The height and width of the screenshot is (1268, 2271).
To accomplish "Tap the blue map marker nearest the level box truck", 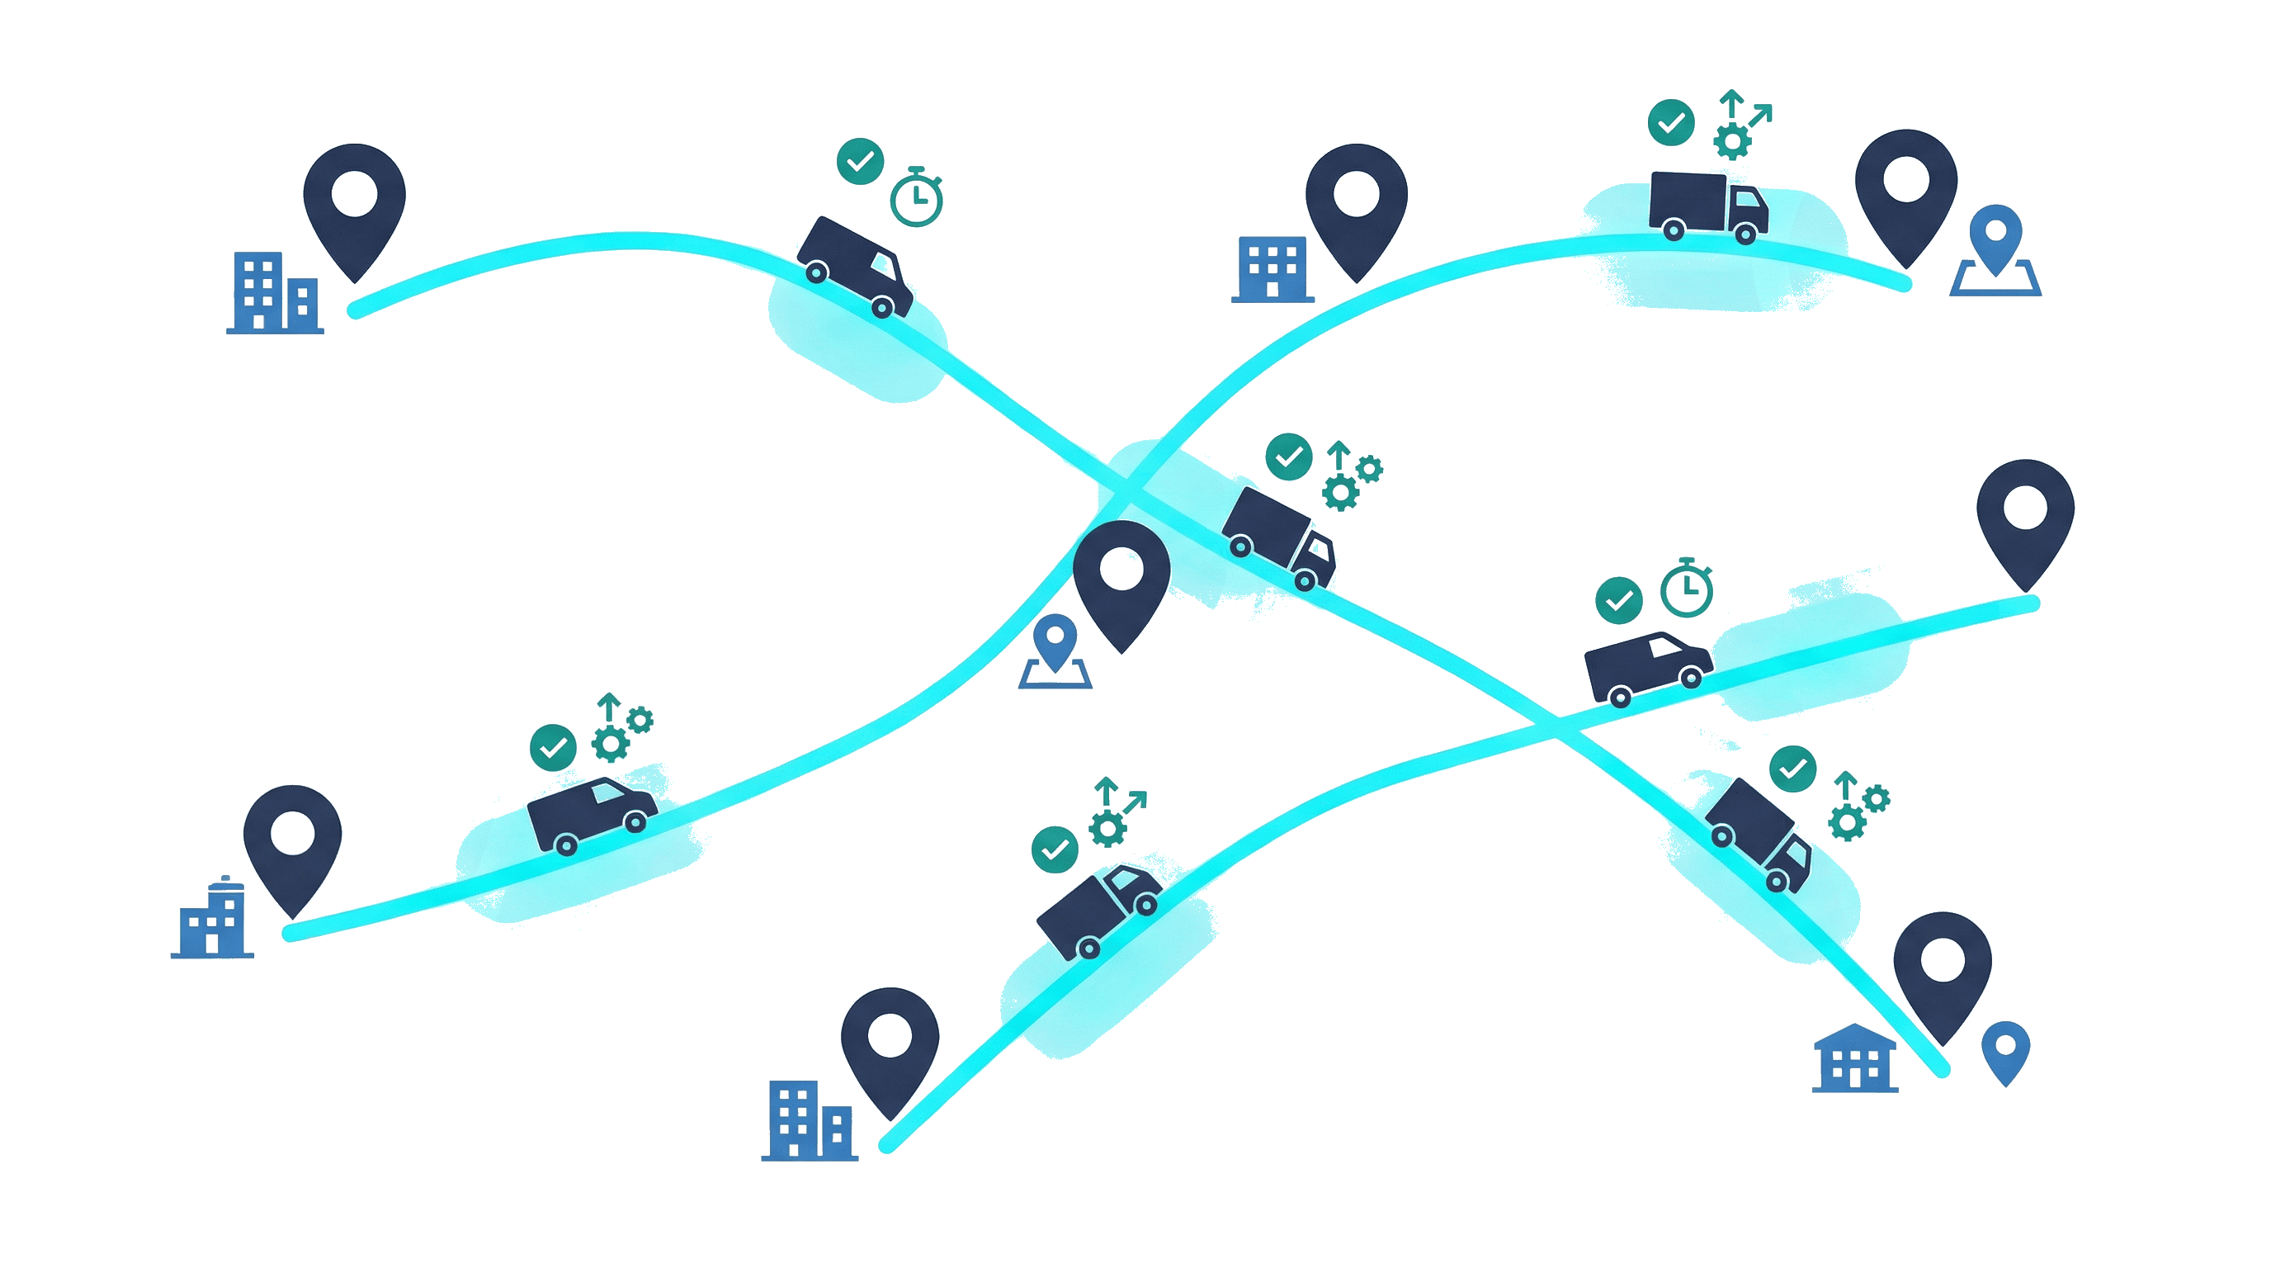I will click(1995, 260).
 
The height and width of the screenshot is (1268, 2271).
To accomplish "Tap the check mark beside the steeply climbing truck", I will click(1055, 849).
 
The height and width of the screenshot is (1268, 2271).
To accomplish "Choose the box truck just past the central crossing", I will click(1278, 538).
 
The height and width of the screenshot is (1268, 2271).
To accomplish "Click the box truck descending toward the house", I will click(1759, 833).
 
